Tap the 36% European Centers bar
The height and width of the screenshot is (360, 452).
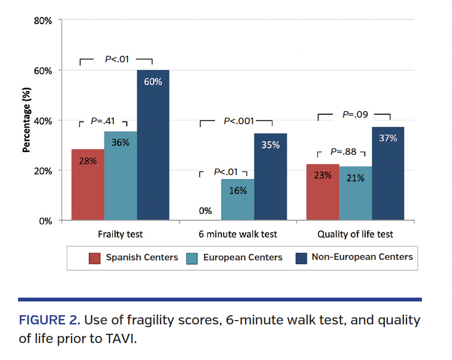click(120, 176)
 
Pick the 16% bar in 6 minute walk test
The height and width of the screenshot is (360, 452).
click(237, 200)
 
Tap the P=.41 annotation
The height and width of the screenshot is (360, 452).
click(103, 121)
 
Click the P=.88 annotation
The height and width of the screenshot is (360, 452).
click(343, 152)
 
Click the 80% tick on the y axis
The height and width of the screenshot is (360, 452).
click(43, 21)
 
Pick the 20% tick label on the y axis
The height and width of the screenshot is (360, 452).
click(43, 171)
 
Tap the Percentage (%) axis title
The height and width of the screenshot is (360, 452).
click(25, 120)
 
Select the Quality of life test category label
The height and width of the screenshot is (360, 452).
click(355, 234)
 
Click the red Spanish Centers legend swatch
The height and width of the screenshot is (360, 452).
click(95, 257)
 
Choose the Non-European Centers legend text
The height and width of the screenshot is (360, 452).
click(362, 257)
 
